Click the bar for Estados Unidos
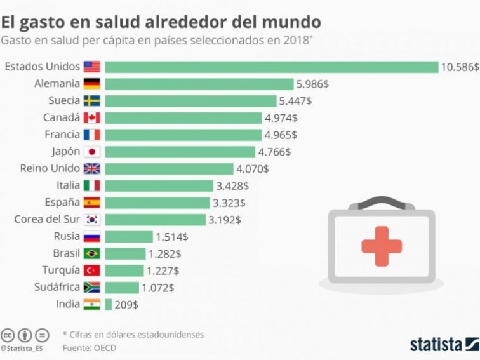[x=272, y=67]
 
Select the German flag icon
[x=92, y=84]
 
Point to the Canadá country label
[x=62, y=117]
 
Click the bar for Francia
[x=183, y=135]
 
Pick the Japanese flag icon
[x=92, y=152]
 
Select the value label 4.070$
[x=252, y=169]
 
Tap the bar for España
[x=157, y=203]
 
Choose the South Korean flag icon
[x=92, y=220]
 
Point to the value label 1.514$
[x=172, y=237]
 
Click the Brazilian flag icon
[x=92, y=253]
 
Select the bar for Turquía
[x=124, y=270]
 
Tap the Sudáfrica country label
[x=57, y=287]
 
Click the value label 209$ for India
[x=126, y=305]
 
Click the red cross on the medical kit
[x=381, y=246]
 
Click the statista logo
[x=444, y=344]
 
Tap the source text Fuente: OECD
[x=89, y=348]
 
